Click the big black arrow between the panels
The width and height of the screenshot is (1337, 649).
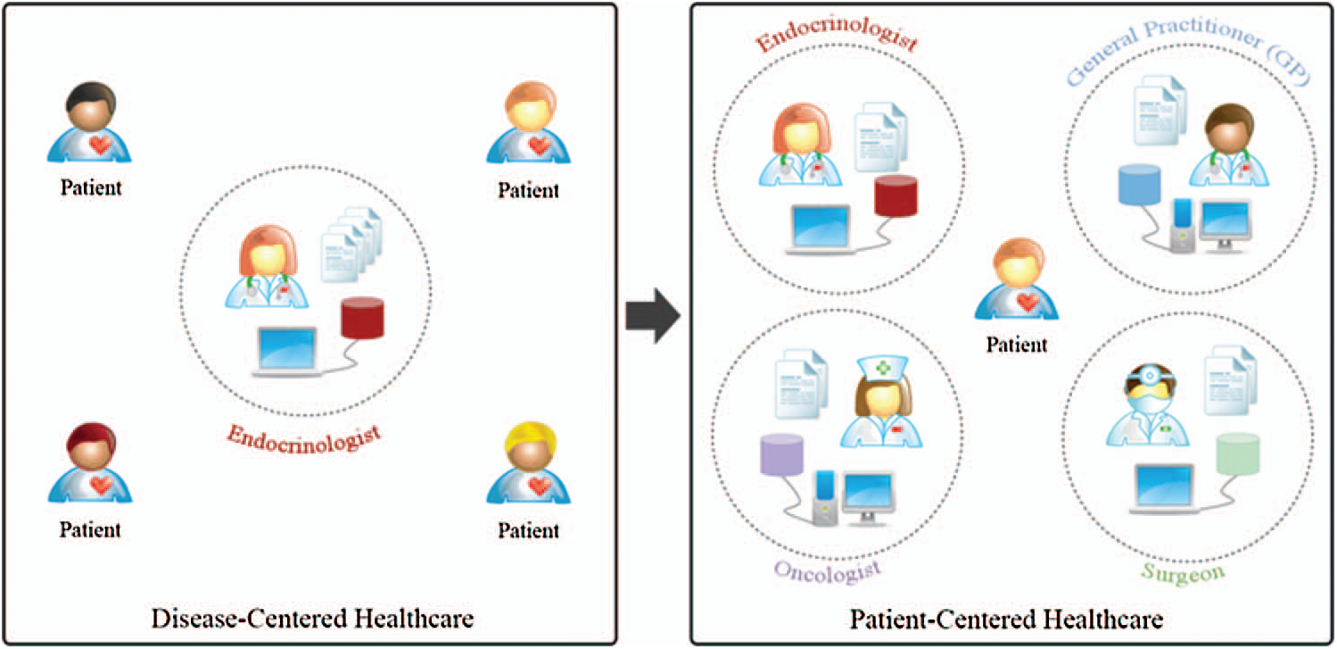[x=653, y=316]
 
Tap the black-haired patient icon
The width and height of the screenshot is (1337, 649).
[x=89, y=124]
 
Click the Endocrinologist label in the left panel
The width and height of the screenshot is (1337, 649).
[x=304, y=437]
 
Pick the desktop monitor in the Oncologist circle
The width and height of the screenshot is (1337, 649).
[x=870, y=494]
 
